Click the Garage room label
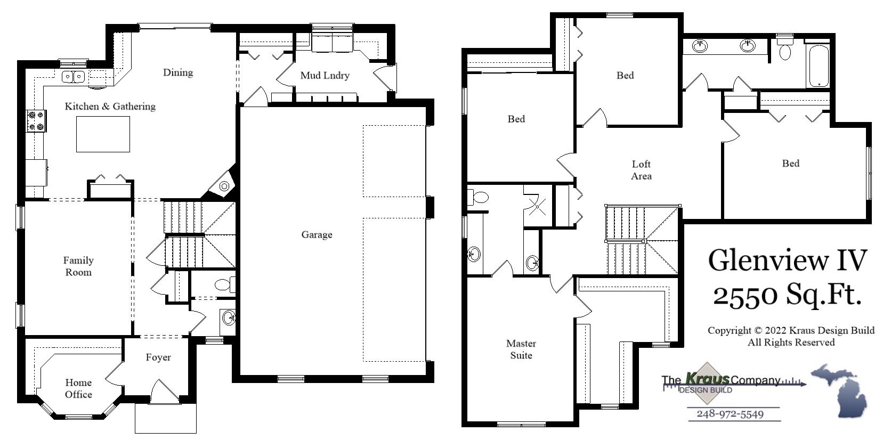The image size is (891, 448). point(317,234)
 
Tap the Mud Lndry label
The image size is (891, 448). point(325,76)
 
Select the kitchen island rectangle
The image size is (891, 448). point(103,134)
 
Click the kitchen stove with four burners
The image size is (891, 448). point(36,121)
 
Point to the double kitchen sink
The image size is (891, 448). point(74,77)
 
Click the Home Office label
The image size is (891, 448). point(78,388)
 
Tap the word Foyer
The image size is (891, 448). point(158,357)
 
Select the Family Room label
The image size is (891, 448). point(78,266)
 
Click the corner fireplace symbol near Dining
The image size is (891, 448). point(224,185)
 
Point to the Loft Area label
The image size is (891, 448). point(641,170)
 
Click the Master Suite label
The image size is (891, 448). point(521,349)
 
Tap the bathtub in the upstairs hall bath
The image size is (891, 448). point(818,66)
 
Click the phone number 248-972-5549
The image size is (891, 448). point(730,414)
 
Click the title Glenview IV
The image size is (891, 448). point(787,260)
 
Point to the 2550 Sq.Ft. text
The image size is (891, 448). point(787,295)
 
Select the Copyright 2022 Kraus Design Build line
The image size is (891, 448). point(791,330)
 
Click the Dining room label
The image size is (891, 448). point(178,72)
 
